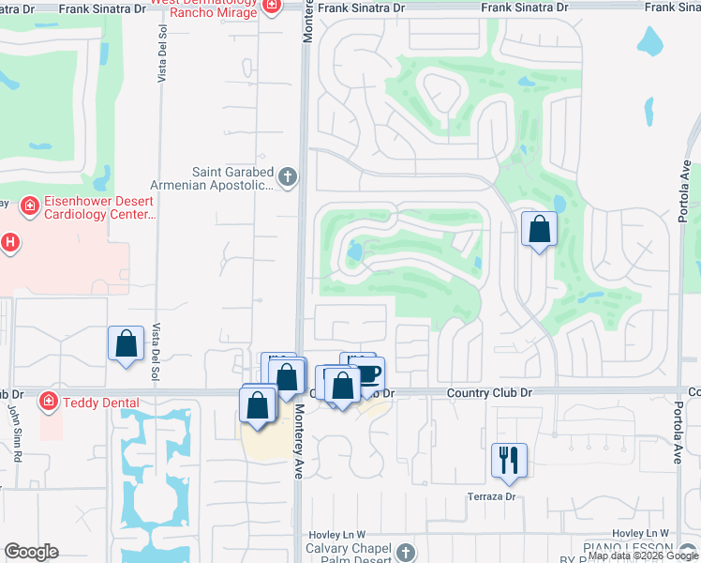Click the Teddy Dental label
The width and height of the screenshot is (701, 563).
click(101, 403)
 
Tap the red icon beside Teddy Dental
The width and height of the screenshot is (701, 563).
click(47, 403)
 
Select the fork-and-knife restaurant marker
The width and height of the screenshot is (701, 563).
click(509, 459)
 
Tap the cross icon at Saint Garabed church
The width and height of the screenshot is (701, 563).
click(288, 175)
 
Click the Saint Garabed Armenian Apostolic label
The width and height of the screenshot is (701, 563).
click(232, 178)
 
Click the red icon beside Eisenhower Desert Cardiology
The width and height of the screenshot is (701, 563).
click(29, 204)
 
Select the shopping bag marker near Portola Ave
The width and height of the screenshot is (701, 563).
click(539, 228)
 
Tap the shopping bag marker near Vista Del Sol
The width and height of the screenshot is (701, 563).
click(126, 343)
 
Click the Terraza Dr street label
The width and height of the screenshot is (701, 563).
click(495, 495)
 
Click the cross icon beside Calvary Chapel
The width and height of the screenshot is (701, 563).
click(405, 553)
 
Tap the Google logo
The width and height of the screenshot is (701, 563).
click(32, 552)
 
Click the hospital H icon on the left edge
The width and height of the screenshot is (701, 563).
click(9, 244)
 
